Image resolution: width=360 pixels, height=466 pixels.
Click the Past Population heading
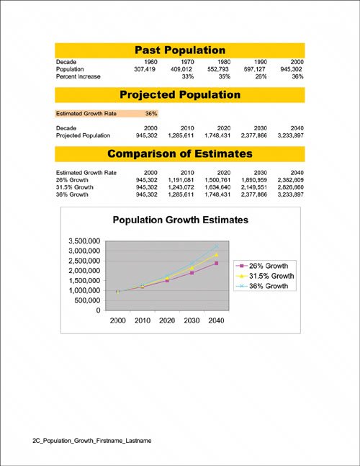(180, 50)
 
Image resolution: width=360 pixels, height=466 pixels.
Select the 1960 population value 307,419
(145, 69)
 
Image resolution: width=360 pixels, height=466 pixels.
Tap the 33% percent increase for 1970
(188, 76)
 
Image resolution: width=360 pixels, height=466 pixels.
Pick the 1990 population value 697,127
(255, 69)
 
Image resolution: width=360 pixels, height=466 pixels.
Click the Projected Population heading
(180, 95)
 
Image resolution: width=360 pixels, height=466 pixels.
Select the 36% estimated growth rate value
(151, 114)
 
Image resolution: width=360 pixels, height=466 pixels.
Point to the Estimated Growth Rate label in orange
(86, 114)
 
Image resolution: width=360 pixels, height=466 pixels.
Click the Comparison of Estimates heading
(180, 153)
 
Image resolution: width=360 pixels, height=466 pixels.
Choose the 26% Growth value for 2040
(290, 180)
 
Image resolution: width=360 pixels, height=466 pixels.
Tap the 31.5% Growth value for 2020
(217, 187)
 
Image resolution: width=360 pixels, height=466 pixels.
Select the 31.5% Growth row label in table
(75, 187)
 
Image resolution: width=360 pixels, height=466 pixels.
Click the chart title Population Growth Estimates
(181, 220)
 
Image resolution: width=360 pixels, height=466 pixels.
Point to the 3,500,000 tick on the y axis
(84, 241)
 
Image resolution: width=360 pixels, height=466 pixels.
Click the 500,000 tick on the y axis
(88, 300)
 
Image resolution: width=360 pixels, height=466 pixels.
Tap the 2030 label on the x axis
(192, 321)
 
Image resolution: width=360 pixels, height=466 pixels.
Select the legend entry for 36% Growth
(262, 286)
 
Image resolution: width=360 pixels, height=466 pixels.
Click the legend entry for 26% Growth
(262, 266)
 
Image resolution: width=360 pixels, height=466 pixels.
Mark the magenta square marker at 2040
(216, 264)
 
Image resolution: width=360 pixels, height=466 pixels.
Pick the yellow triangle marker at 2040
(216, 255)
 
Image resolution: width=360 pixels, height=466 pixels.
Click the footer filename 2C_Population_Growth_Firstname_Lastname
(92, 441)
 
